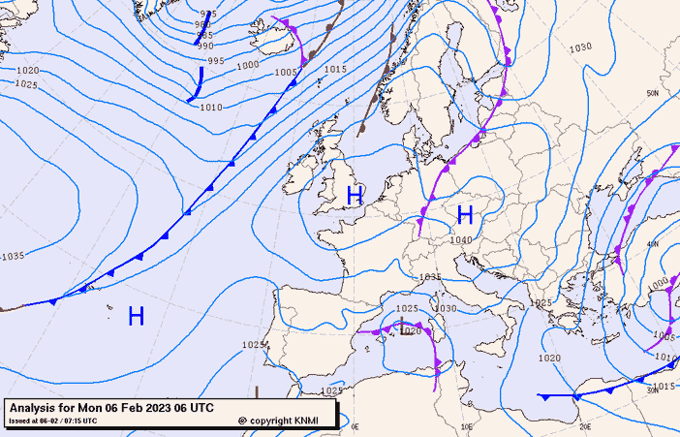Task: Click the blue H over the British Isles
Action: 355,196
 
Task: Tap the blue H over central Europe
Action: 465,214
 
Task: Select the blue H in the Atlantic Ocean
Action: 136,315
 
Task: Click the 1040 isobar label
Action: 461,240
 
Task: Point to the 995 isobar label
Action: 216,61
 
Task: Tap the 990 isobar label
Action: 205,46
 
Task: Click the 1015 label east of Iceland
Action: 335,69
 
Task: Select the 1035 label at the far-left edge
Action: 13,256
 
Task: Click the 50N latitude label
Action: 653,93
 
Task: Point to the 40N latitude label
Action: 653,244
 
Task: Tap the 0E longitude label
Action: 355,426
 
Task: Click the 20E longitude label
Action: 585,426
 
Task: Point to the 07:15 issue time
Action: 82,421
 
